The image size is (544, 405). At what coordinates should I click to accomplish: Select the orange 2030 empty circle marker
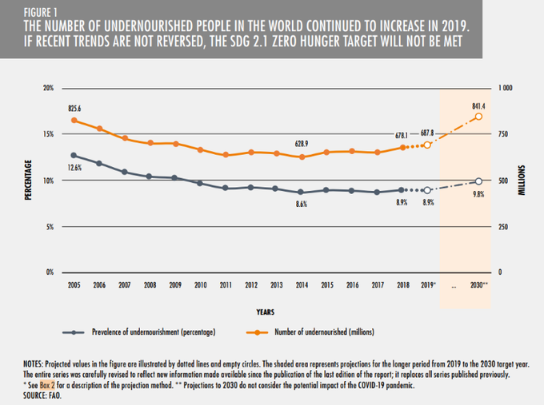tap(478, 117)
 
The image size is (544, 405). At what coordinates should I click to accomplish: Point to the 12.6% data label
tap(74, 168)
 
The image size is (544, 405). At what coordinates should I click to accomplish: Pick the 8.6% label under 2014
tap(301, 204)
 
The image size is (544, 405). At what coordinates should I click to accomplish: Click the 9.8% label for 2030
tap(478, 194)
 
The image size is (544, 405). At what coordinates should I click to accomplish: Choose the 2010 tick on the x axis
tap(199, 285)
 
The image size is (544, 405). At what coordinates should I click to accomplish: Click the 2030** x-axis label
tap(478, 285)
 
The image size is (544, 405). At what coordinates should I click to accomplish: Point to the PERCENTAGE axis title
tap(27, 180)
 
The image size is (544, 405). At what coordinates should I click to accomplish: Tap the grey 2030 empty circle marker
tap(478, 181)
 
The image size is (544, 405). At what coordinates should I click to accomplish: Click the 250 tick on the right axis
tap(504, 227)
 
